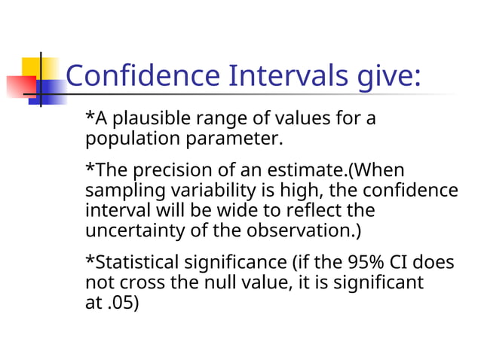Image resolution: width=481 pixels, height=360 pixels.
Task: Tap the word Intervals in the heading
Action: pyautogui.click(x=290, y=76)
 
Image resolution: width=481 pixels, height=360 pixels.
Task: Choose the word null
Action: pyautogui.click(x=213, y=282)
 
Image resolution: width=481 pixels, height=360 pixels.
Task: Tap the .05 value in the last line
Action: pyautogui.click(x=121, y=303)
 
